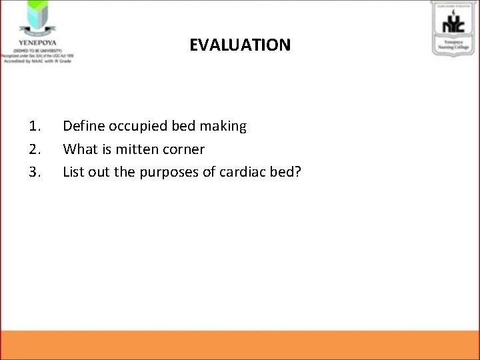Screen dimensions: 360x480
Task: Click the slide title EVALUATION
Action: tap(240, 45)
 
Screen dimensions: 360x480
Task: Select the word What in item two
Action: tap(78, 149)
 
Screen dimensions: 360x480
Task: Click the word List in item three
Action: tap(73, 172)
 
